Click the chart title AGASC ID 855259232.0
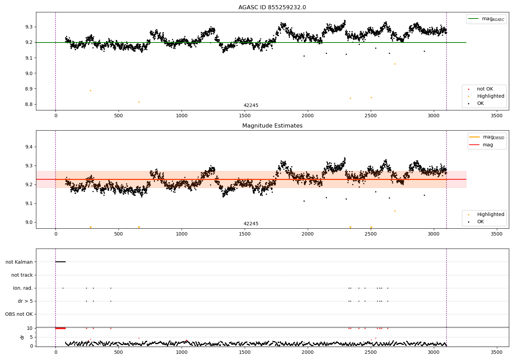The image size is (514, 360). pos(272,8)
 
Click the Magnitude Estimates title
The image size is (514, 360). pos(272,126)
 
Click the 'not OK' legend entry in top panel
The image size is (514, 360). pos(485,89)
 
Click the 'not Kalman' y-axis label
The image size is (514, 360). pos(19,262)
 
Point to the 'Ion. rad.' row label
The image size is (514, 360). pos(23,288)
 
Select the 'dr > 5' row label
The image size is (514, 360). pos(25,301)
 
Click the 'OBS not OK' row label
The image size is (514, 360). pos(19,314)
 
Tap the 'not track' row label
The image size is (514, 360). pos(22,275)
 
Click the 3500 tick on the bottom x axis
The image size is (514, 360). pos(497,352)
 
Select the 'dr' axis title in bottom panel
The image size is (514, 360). pos(22,337)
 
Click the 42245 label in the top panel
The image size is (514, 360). pos(251,106)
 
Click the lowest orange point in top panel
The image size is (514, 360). pos(139,102)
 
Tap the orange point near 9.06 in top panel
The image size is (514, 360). pos(395,64)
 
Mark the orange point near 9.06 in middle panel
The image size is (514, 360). pos(395,211)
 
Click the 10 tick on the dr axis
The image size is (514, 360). pos(29,328)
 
